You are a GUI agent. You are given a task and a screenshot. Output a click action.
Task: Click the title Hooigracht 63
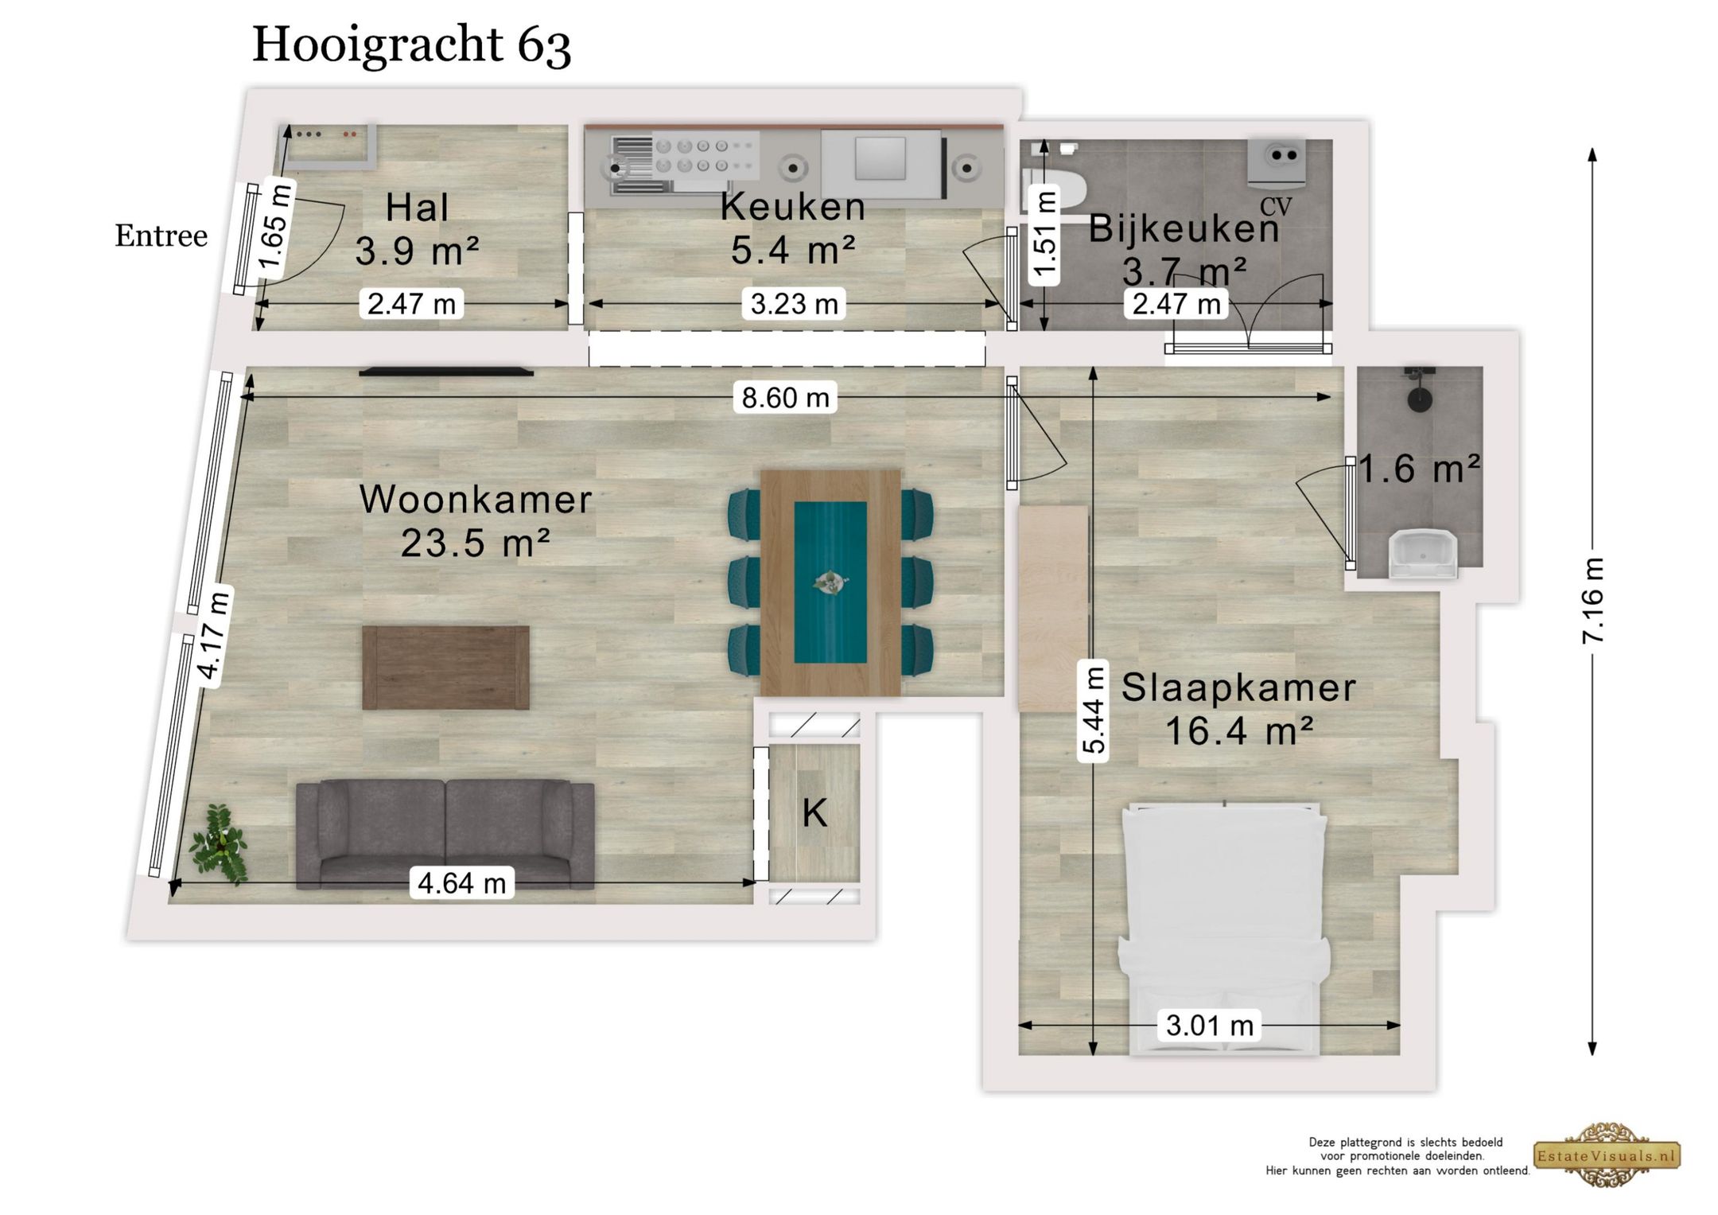(x=411, y=45)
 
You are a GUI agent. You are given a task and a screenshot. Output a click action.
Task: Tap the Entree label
(x=161, y=236)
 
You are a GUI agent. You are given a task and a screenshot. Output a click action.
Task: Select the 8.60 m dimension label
(x=785, y=397)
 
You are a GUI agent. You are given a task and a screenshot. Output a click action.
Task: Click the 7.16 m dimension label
(x=1592, y=602)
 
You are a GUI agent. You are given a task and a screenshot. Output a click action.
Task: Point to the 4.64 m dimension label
(x=461, y=882)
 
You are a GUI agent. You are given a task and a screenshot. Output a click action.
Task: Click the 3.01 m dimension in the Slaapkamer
(x=1209, y=1025)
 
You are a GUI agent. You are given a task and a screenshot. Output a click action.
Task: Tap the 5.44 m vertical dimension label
(x=1094, y=711)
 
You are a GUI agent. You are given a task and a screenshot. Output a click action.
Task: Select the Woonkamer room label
(x=476, y=500)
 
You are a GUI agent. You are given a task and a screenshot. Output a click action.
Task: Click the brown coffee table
(x=445, y=667)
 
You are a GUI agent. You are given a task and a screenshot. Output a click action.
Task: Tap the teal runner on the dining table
(x=830, y=582)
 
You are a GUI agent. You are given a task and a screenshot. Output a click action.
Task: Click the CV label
(x=1275, y=207)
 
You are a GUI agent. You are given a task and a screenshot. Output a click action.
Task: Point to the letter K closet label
(x=814, y=813)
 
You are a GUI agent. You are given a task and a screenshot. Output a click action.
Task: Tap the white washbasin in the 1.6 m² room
(x=1423, y=555)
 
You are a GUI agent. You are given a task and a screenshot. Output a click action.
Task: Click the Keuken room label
(x=792, y=207)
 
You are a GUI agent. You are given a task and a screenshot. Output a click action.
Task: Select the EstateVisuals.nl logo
(x=1607, y=1155)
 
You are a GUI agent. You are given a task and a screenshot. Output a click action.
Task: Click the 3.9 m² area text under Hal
(x=417, y=251)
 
